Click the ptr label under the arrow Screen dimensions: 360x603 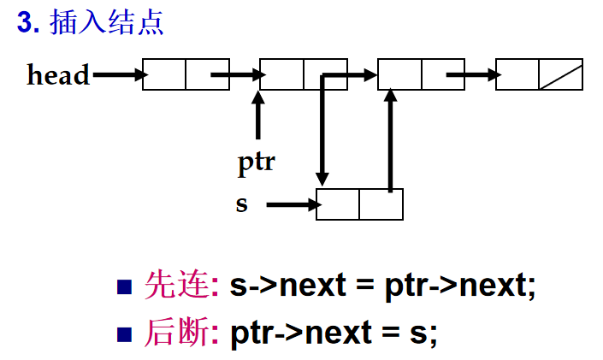(256, 161)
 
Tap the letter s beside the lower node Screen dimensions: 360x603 (242, 205)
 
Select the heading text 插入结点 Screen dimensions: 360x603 (107, 23)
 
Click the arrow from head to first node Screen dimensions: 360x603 (119, 74)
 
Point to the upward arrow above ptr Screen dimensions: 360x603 (257, 115)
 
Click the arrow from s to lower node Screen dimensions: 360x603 (291, 205)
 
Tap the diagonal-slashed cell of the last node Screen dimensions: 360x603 (560, 74)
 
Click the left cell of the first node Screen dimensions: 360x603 (164, 74)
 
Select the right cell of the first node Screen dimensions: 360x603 (208, 74)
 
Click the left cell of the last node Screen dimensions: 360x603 (517, 74)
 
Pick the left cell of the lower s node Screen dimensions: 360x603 (338, 204)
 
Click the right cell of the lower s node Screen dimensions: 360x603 (381, 204)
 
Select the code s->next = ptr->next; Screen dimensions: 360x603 (383, 285)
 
